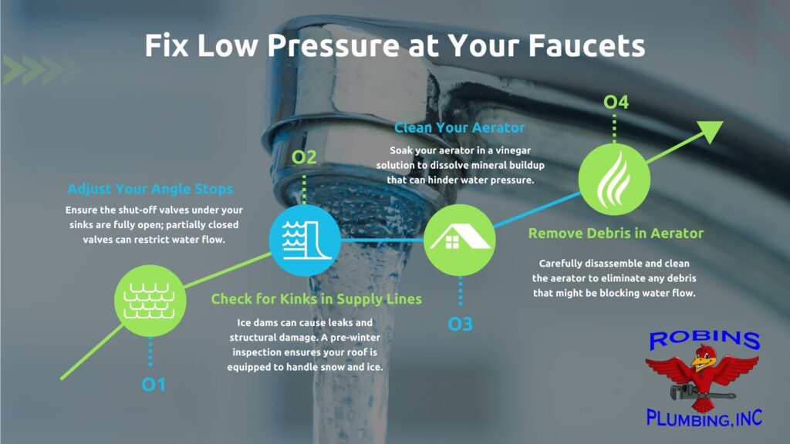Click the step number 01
[x=154, y=385]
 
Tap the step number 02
[x=304, y=157]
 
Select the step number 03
[x=460, y=325]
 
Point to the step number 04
[x=616, y=103]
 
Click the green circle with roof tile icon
[x=150, y=301]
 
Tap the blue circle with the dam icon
[x=304, y=240]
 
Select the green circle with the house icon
[x=460, y=240]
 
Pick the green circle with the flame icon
[x=614, y=179]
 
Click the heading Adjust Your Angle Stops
[x=150, y=189]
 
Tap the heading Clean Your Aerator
[x=459, y=128]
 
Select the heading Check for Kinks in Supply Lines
[x=316, y=299]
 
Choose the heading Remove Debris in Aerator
[x=616, y=233]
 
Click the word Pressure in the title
[x=333, y=45]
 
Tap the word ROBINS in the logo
[x=704, y=339]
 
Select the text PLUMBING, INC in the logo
[x=704, y=418]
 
